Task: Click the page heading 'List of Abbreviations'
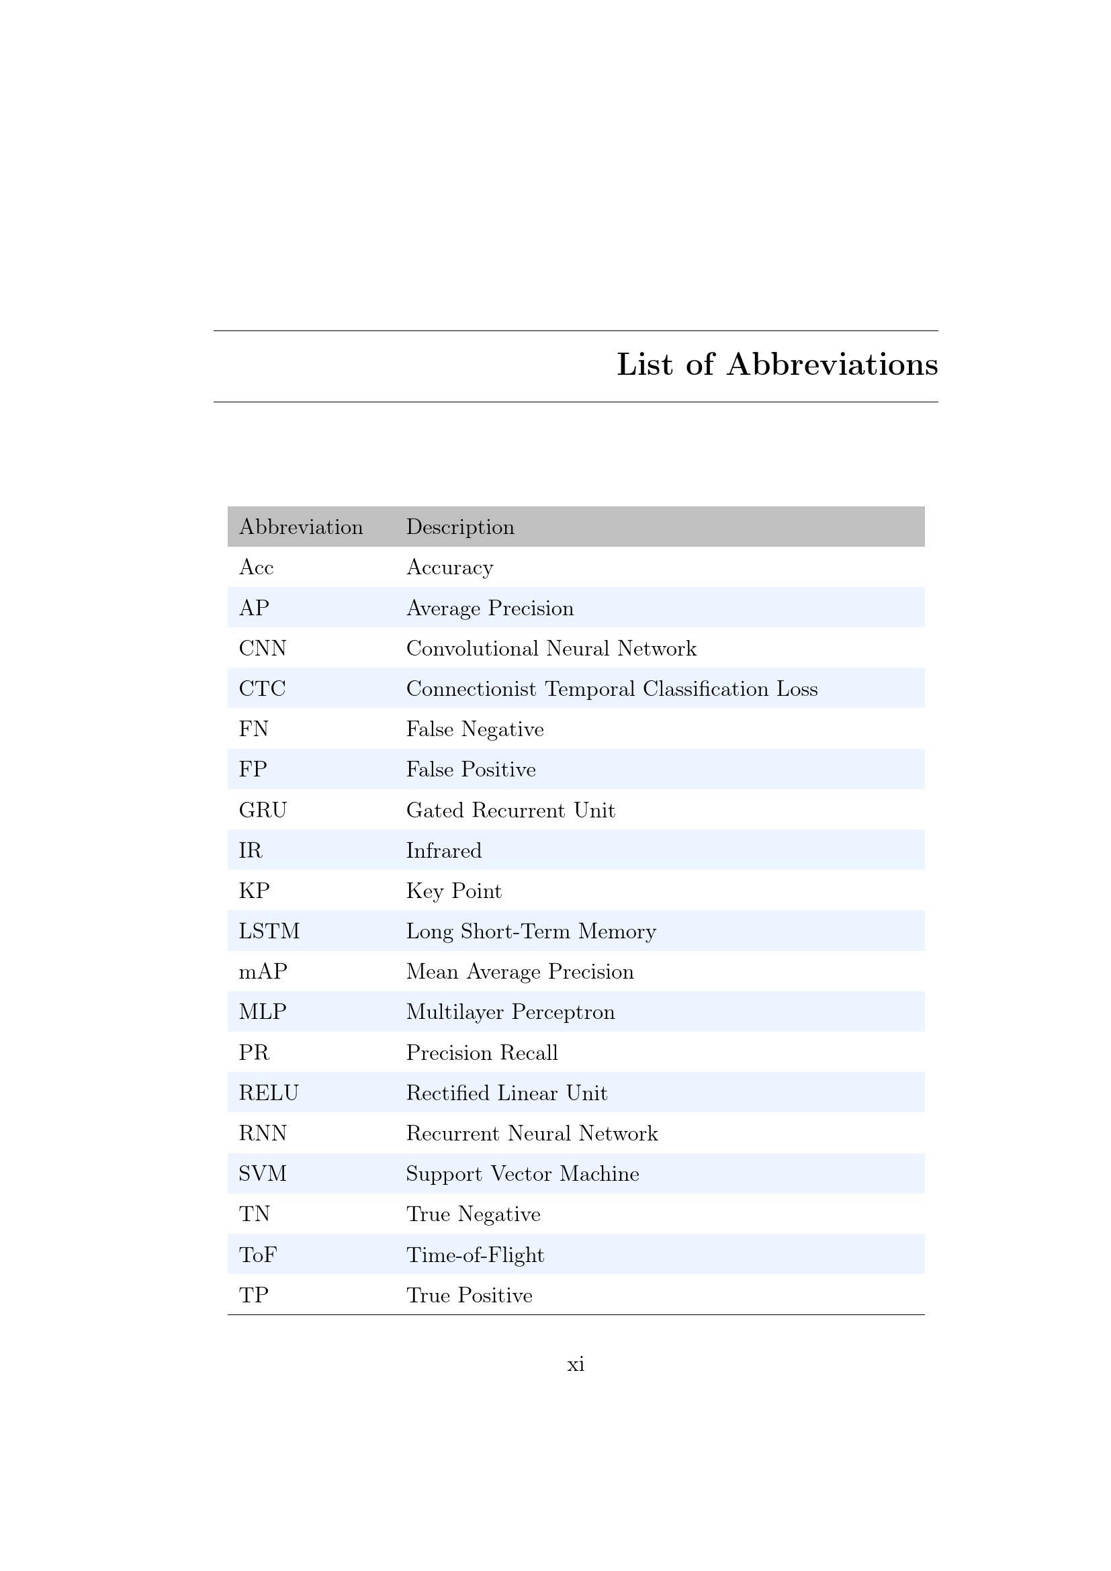click(x=777, y=365)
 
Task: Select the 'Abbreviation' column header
click(x=301, y=527)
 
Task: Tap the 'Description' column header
click(x=459, y=527)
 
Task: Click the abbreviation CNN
click(x=262, y=648)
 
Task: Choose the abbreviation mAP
click(x=263, y=972)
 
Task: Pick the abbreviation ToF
click(x=257, y=1255)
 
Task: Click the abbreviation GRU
click(x=263, y=810)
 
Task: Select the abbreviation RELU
click(x=268, y=1093)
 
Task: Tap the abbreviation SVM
click(x=263, y=1174)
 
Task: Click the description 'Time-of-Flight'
click(x=475, y=1255)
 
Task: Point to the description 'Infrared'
click(x=443, y=850)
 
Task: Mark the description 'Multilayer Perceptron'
click(x=510, y=1012)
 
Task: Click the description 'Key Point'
click(x=453, y=891)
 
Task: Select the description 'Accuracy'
click(x=449, y=568)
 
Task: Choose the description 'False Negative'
click(x=475, y=729)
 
